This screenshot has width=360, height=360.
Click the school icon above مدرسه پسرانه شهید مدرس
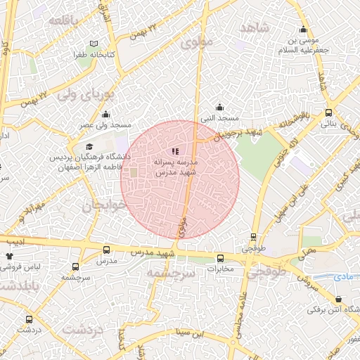click(x=175, y=151)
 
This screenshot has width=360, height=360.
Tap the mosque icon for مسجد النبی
click(x=220, y=108)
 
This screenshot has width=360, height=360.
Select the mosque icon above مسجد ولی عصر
click(x=105, y=114)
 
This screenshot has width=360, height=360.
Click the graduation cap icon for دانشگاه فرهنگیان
click(x=108, y=146)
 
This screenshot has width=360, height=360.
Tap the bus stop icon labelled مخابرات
click(x=220, y=258)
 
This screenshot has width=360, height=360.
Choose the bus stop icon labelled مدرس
click(x=106, y=250)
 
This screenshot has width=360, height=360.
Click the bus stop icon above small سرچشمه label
click(x=76, y=267)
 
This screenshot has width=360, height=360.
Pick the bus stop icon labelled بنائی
click(x=328, y=112)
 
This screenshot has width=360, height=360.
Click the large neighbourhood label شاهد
click(x=255, y=27)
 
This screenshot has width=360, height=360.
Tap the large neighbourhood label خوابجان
click(x=105, y=206)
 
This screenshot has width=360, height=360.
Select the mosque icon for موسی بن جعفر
click(x=303, y=30)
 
